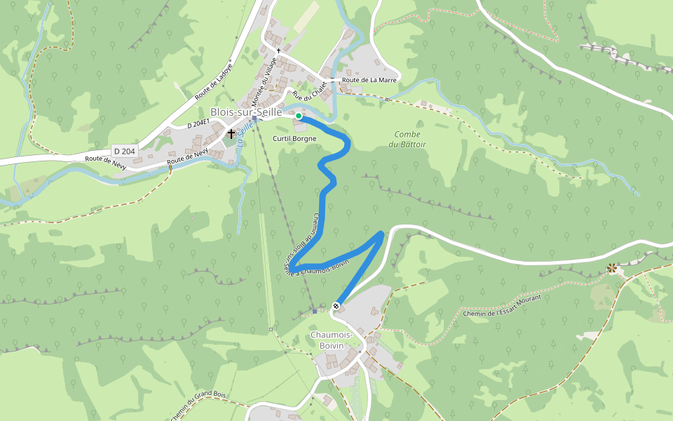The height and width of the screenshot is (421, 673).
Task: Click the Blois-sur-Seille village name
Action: [x=245, y=112]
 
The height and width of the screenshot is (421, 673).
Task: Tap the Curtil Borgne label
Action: [x=294, y=139]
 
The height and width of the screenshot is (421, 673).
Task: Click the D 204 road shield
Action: [x=124, y=151]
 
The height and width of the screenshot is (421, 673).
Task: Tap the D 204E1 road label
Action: [x=198, y=125]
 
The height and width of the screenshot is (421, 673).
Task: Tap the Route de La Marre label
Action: [x=369, y=80]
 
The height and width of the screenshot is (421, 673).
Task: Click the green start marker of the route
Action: [x=299, y=116]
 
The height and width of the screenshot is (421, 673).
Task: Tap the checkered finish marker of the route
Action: [x=336, y=305]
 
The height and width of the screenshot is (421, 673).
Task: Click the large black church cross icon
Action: [x=231, y=133]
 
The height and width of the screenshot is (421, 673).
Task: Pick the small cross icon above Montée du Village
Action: [x=278, y=51]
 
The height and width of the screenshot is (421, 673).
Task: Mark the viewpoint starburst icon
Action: [x=612, y=267]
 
